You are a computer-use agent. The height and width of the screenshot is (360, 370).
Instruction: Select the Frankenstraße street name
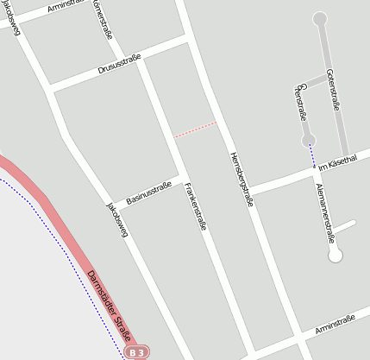pyautogui.click(x=196, y=208)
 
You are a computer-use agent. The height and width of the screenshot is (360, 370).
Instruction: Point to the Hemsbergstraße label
pyautogui.click(x=241, y=179)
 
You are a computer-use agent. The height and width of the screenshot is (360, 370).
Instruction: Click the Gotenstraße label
pyautogui.click(x=332, y=89)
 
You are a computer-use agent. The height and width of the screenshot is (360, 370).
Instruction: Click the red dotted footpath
pyautogui.click(x=195, y=129)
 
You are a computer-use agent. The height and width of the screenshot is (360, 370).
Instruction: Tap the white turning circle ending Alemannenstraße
pyautogui.click(x=336, y=255)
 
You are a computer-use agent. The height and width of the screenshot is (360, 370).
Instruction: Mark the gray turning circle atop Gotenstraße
pyautogui.click(x=320, y=18)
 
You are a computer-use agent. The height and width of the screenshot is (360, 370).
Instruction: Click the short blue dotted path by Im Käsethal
pyautogui.click(x=313, y=156)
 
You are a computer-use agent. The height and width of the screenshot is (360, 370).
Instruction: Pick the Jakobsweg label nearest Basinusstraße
pyautogui.click(x=116, y=219)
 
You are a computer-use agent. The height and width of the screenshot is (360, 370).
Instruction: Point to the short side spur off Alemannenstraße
pyautogui.click(x=344, y=228)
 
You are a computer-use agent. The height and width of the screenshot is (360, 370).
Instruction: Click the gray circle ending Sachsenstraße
pyautogui.click(x=308, y=139)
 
